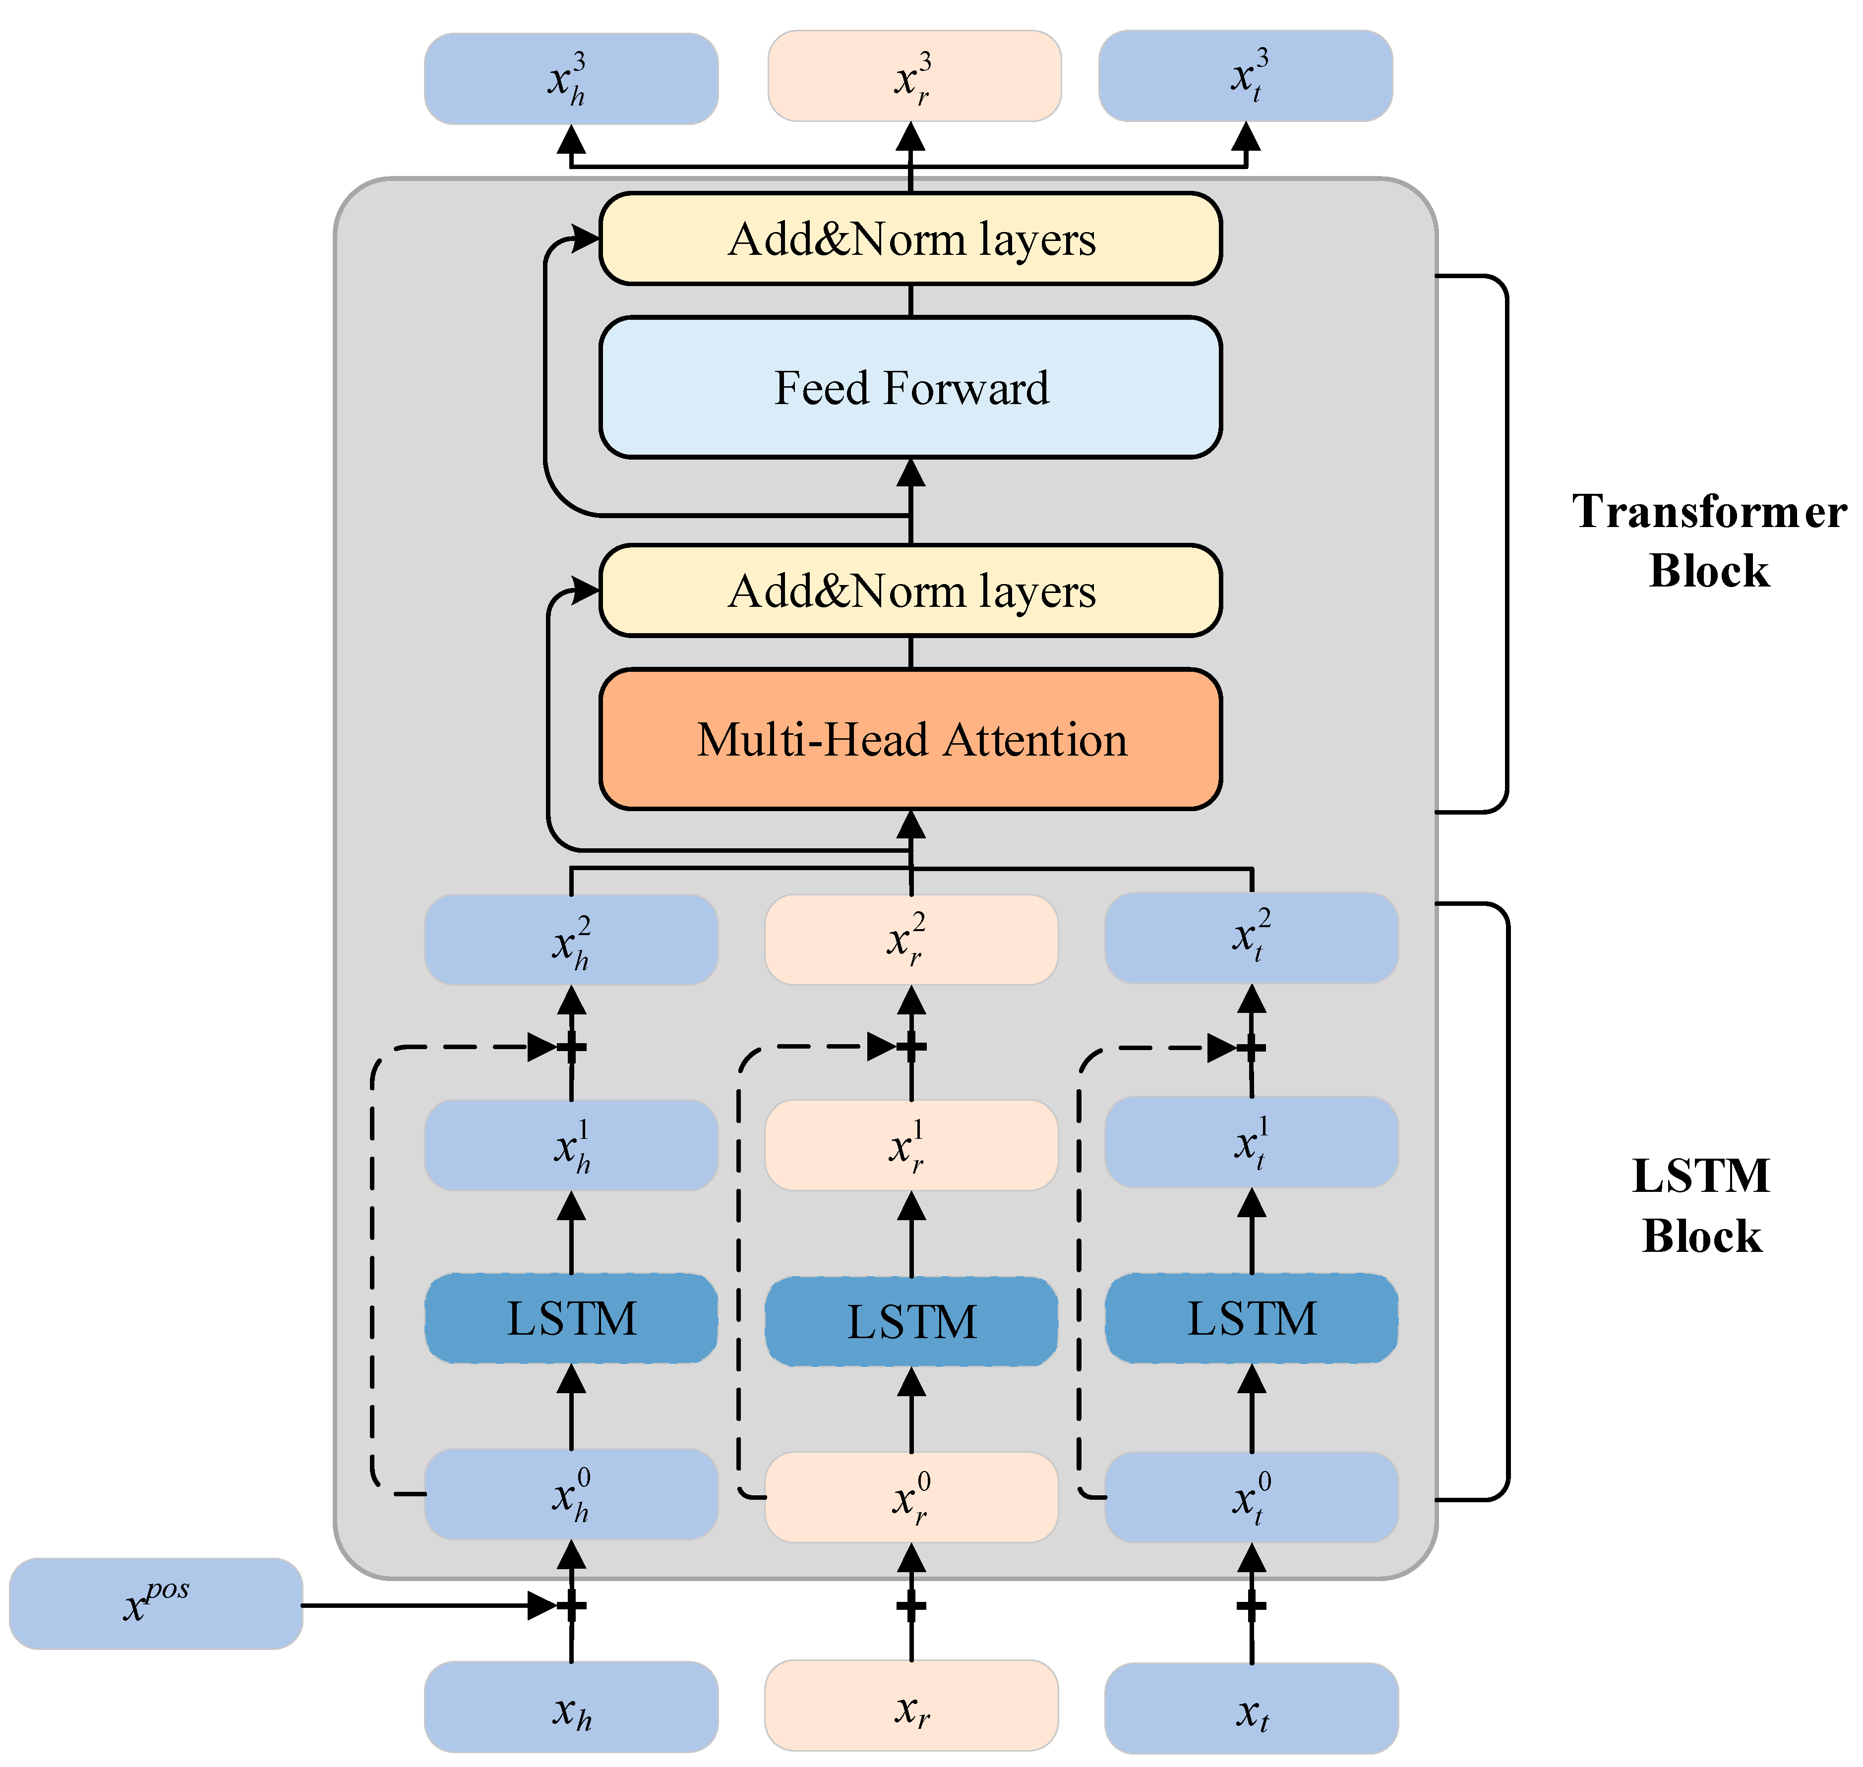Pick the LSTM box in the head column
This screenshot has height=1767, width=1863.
tap(571, 1319)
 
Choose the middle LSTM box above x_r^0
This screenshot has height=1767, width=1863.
tap(911, 1321)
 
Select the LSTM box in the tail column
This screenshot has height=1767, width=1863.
tap(1251, 1319)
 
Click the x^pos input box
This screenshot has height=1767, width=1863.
tap(155, 1603)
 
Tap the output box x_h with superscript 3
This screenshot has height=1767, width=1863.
tap(571, 79)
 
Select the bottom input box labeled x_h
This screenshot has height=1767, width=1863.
tap(571, 1707)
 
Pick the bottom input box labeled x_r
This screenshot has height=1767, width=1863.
tap(911, 1706)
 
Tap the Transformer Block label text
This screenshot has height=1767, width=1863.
tap(1708, 541)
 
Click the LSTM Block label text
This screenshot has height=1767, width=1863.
tap(1701, 1206)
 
